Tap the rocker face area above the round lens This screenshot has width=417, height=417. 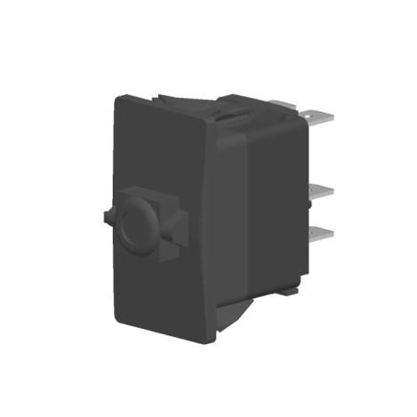(x=156, y=151)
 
